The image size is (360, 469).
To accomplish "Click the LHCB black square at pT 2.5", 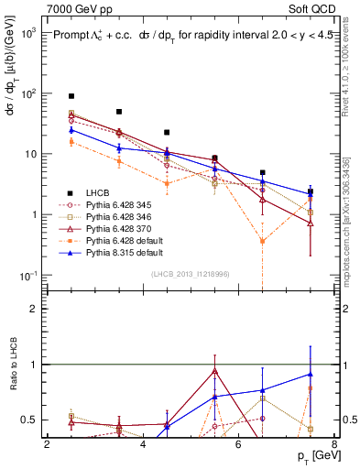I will pos(71,96).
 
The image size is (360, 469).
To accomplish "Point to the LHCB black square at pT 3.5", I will pos(119,112).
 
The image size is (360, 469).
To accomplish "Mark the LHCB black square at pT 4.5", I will pos(167,132).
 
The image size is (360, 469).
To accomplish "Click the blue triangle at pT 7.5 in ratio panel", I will pos(311,374).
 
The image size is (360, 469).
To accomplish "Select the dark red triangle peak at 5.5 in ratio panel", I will pos(214,371).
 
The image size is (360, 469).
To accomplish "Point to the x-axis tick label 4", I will pos(143,444).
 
